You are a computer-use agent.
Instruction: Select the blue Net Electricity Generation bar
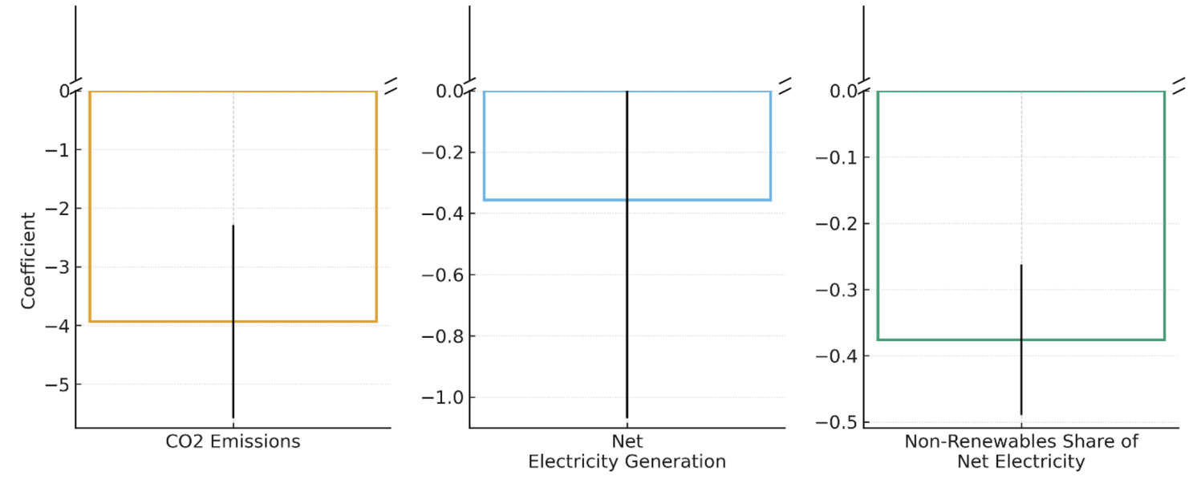click(554, 145)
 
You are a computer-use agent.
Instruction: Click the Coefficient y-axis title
click(29, 261)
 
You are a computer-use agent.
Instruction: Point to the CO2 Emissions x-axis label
click(233, 441)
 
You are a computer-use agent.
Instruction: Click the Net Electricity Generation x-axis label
click(627, 452)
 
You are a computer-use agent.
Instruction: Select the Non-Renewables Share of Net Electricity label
click(1020, 452)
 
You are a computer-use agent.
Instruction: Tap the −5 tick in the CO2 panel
click(55, 384)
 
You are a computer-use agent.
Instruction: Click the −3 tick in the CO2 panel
click(55, 267)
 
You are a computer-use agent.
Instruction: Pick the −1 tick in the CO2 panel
click(55, 150)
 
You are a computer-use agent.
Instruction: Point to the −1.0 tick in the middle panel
click(442, 397)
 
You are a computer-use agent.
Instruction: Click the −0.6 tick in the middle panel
click(442, 275)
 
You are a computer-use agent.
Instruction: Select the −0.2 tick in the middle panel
click(442, 153)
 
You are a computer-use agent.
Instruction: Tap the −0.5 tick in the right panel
click(836, 422)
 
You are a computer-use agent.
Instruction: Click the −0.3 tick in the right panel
click(836, 290)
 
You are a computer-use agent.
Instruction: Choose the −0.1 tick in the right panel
click(836, 157)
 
